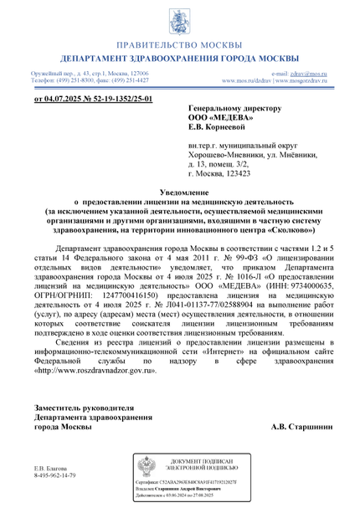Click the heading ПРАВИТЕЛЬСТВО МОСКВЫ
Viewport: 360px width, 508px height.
[x=180, y=44]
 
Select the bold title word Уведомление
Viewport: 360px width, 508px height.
[x=180, y=193]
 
